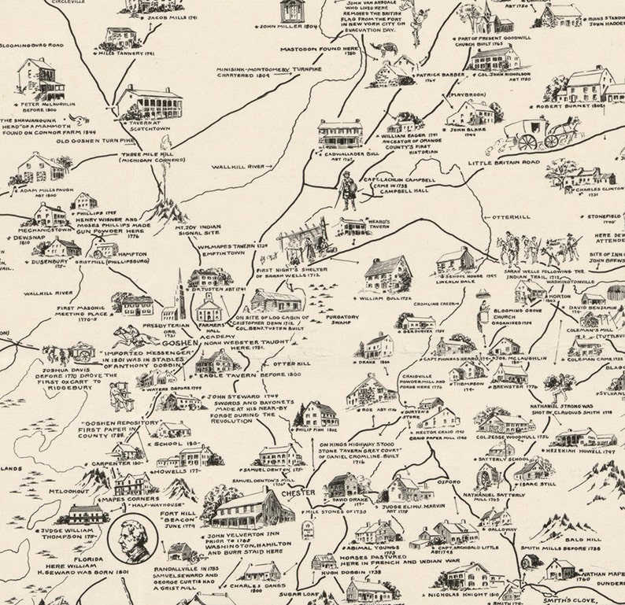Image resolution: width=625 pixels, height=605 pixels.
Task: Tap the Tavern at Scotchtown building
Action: [149, 102]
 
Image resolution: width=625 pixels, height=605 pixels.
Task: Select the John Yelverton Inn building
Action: [243, 508]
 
